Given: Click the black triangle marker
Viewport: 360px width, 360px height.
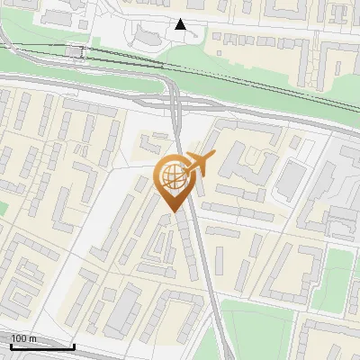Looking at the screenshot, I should (181, 24).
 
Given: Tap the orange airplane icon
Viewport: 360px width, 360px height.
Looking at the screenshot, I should (199, 163).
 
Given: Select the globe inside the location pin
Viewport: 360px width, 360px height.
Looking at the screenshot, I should (171, 176).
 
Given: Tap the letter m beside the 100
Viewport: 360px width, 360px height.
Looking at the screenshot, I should (33, 337).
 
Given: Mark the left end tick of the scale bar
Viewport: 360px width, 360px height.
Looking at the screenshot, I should (11, 345).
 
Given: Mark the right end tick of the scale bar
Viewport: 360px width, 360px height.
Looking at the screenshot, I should (74, 345).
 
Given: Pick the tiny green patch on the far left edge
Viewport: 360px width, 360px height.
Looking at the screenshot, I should (3, 208).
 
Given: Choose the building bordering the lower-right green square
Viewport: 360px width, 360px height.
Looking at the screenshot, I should (306, 270).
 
